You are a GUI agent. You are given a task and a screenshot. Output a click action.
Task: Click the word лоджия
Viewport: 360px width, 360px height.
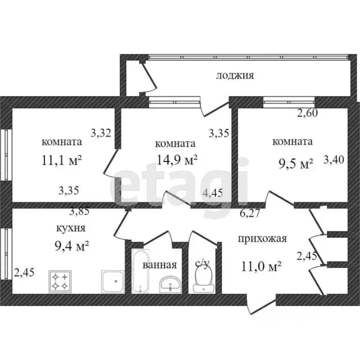(235, 75)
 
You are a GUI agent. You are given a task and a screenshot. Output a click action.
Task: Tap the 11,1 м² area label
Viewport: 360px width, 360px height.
(62, 162)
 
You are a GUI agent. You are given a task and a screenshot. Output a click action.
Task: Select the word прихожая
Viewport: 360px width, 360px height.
(262, 239)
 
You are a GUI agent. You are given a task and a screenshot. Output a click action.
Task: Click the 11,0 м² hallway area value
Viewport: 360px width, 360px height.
(261, 267)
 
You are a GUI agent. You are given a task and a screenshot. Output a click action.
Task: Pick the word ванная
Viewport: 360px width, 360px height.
(159, 265)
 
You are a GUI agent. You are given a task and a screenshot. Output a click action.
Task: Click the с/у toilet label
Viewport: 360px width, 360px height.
(202, 263)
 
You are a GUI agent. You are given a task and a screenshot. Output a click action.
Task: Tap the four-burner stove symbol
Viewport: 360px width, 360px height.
(59, 281)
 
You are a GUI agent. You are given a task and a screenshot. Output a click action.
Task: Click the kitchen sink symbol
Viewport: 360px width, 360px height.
(112, 282)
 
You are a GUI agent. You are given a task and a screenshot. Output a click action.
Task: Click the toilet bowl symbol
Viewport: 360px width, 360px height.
(202, 279)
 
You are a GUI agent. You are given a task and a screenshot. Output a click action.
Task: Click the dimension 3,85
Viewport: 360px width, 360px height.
(79, 211)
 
